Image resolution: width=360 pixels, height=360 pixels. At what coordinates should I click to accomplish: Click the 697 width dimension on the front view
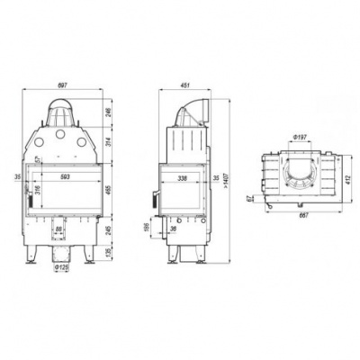point(62,85)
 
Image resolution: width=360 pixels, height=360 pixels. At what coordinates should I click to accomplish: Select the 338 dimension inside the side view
point(184,178)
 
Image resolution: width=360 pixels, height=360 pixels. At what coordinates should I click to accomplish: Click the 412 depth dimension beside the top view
point(347,178)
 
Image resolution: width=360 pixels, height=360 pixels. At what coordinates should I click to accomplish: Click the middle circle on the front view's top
point(62,136)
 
